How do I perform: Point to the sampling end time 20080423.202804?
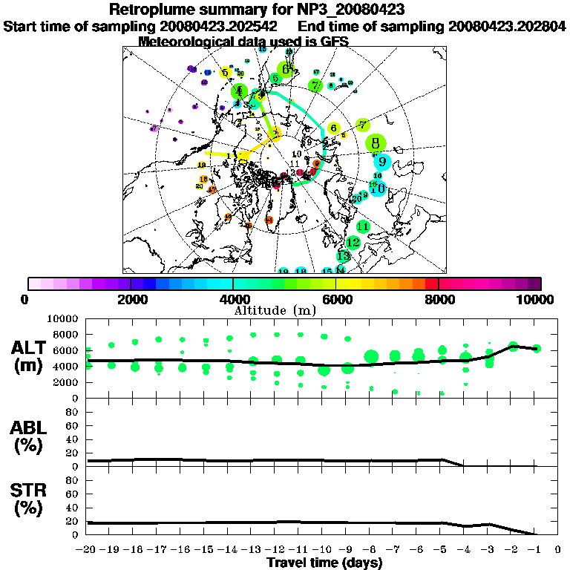pyautogui.click(x=507, y=26)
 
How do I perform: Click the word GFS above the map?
pyautogui.click(x=333, y=42)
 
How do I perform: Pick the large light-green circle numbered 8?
pyautogui.click(x=376, y=143)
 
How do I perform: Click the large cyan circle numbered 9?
pyautogui.click(x=381, y=162)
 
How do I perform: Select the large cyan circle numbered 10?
pyautogui.click(x=378, y=189)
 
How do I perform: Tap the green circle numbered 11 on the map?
pyautogui.click(x=363, y=226)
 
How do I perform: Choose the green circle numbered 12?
pyautogui.click(x=353, y=243)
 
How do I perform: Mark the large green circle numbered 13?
pyautogui.click(x=343, y=256)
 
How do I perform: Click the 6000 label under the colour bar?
pyautogui.click(x=335, y=299)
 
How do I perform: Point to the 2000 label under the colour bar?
pyautogui.click(x=131, y=299)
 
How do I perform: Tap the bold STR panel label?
pyautogui.click(x=31, y=499)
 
